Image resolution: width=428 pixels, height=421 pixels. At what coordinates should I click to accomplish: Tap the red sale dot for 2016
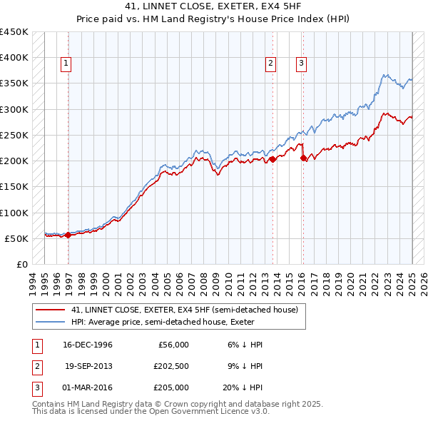(303, 158)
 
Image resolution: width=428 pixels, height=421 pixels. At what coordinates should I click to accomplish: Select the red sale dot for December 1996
(68, 235)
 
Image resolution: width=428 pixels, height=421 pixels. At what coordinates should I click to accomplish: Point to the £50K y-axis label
(16, 238)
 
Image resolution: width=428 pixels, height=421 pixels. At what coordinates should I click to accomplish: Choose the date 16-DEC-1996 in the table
(88, 345)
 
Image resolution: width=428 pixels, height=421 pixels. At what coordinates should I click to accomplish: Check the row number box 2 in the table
(35, 366)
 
